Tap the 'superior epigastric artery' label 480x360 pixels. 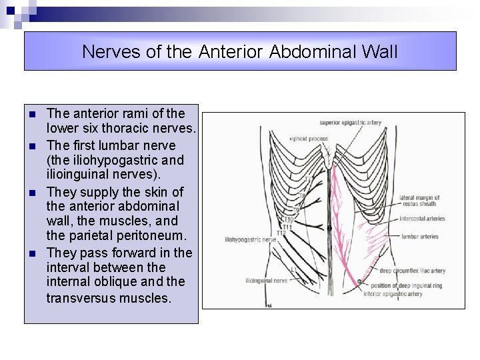pos(350,123)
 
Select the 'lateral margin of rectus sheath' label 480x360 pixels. pos(419,201)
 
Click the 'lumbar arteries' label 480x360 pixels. pos(420,236)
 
